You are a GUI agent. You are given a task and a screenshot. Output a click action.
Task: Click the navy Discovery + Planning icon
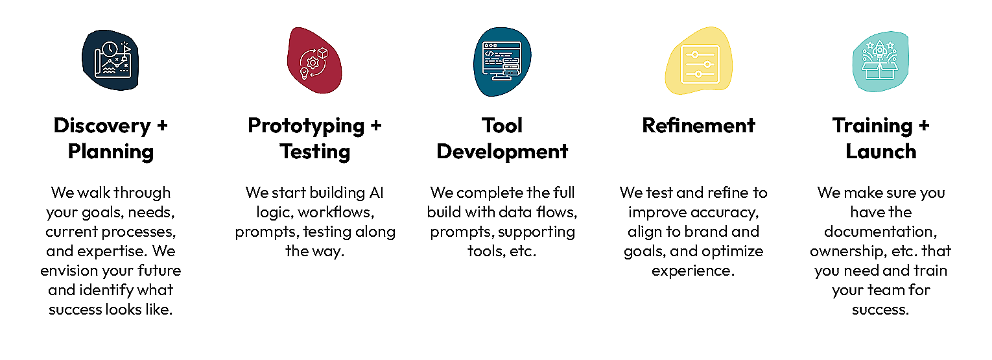coord(111,60)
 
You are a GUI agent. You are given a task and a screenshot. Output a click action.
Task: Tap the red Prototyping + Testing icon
coord(314,62)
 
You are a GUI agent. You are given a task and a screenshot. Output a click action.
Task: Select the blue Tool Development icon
coord(502,62)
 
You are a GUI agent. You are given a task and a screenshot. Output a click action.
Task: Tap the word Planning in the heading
coord(111,152)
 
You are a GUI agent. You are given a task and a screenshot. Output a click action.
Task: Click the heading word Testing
coord(315,152)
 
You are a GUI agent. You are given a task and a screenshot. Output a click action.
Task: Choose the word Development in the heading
coord(502,152)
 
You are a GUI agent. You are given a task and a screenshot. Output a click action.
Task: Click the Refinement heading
coord(698,125)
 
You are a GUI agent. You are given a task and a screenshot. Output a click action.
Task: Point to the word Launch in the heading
coord(881,152)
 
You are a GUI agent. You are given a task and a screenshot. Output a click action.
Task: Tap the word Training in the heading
coord(871,125)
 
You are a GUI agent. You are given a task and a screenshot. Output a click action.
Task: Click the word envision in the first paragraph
coord(69,270)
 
